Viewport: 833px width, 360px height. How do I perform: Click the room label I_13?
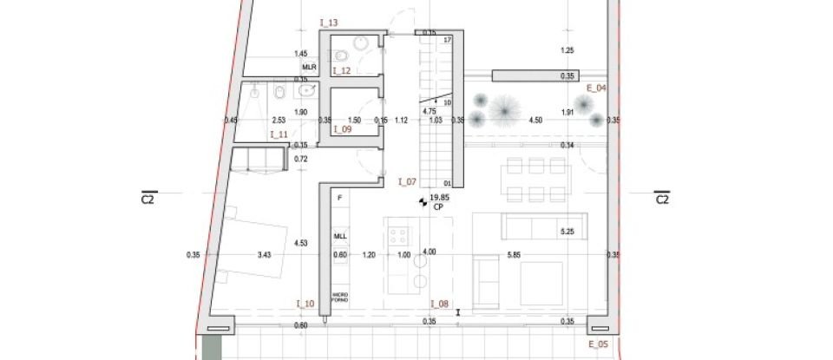point(329,22)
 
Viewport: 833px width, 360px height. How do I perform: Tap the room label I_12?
point(341,71)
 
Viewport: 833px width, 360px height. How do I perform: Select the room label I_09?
point(341,129)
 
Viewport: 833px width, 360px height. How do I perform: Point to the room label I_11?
point(279,134)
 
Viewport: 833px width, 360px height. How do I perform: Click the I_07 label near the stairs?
point(407,181)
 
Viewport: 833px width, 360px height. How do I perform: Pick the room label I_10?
point(305,303)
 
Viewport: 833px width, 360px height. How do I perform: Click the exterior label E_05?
point(597,344)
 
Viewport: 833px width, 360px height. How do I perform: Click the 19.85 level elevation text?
point(438,198)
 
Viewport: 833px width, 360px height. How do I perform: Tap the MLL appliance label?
point(339,236)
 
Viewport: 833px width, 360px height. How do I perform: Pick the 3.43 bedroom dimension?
point(265,254)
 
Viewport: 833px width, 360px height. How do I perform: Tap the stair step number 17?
point(448,41)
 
